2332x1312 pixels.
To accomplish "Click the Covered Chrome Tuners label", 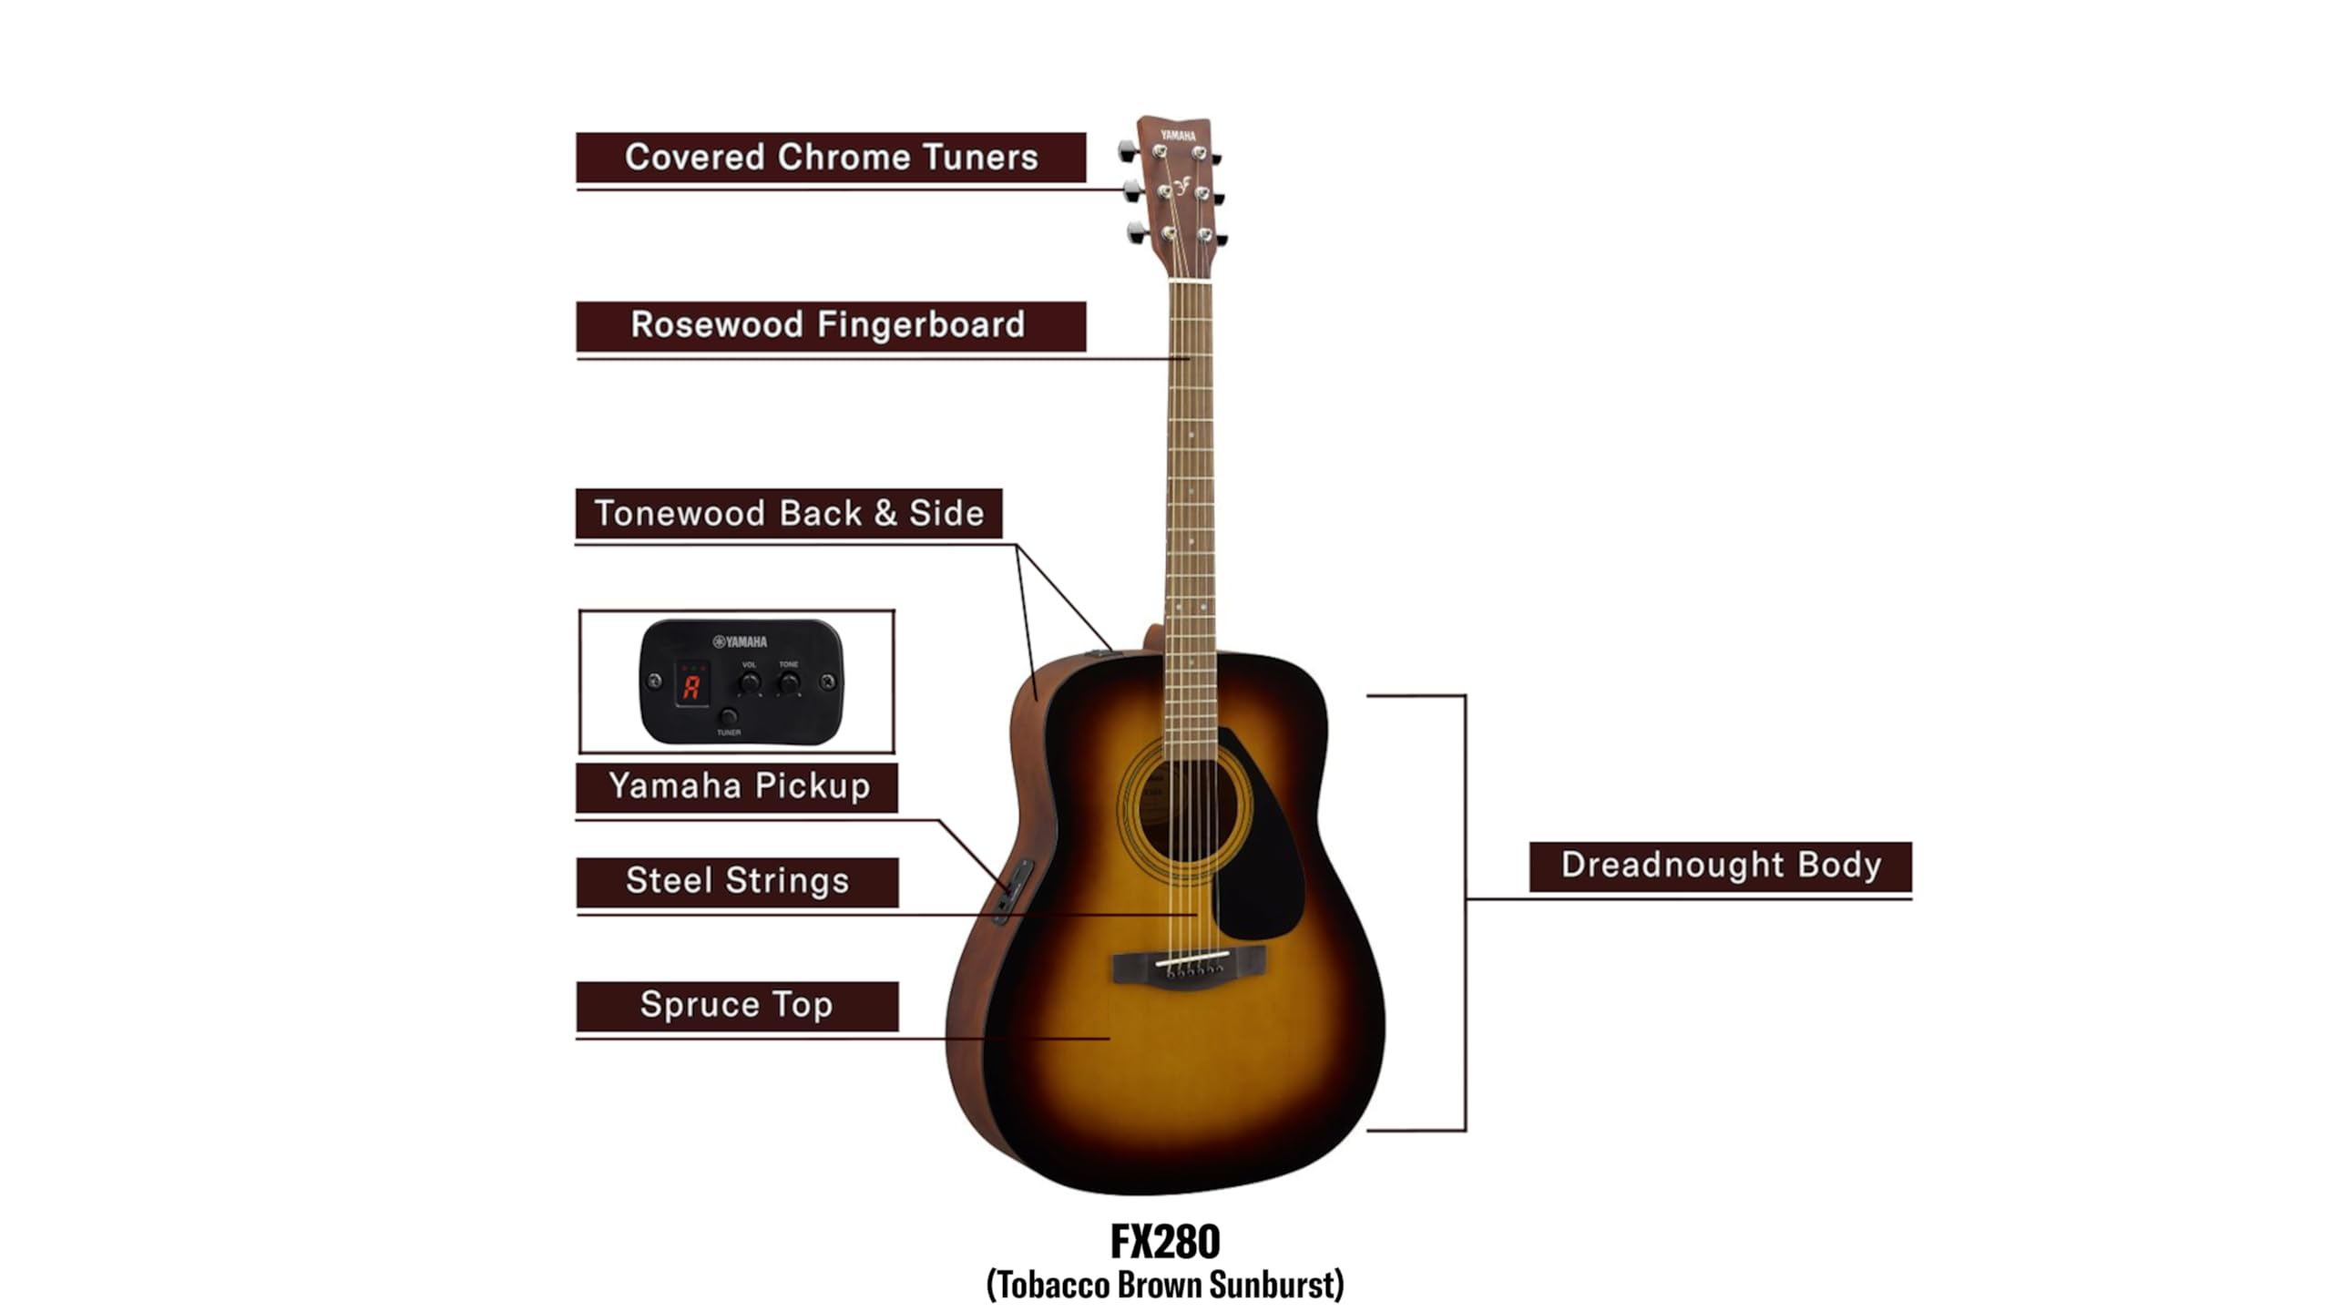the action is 831,157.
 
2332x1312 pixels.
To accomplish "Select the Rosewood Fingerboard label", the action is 829,325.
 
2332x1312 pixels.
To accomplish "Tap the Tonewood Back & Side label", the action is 789,513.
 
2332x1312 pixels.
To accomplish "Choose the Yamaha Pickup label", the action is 738,786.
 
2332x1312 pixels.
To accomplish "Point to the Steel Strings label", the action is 738,881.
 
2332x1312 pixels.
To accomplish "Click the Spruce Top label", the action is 736,1005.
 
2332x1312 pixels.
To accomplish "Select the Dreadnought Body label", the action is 1721,866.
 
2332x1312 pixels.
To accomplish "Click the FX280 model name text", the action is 1165,1241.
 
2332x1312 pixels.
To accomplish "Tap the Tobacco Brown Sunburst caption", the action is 1165,1286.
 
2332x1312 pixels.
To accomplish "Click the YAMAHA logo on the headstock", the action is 1178,136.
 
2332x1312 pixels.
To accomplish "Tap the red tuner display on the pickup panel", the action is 691,686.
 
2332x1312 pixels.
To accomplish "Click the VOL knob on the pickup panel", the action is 750,682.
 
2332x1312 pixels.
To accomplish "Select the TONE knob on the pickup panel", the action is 789,682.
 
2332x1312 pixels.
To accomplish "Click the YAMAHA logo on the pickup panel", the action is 741,641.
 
